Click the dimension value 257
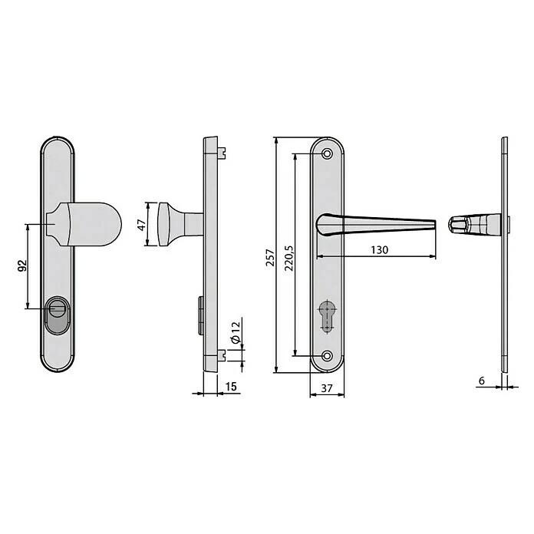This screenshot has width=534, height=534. click(x=270, y=258)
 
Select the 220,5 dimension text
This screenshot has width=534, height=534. click(x=289, y=258)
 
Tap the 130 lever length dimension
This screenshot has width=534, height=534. click(x=379, y=250)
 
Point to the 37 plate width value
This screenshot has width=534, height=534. click(x=327, y=388)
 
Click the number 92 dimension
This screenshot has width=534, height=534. click(x=22, y=265)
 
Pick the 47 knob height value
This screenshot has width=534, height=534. click(x=141, y=225)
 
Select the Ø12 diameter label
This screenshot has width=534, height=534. click(x=236, y=331)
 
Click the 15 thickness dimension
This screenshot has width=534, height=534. click(x=231, y=387)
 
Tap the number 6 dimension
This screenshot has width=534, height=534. click(x=482, y=381)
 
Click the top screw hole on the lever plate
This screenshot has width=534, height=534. click(x=328, y=154)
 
